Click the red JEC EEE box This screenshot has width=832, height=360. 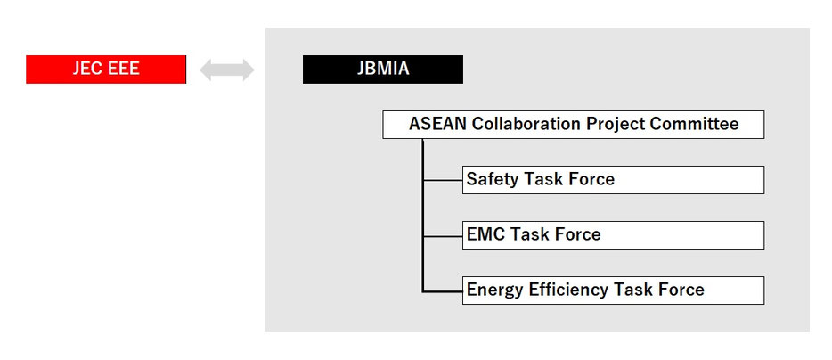(106, 70)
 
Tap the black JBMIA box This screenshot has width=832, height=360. (382, 70)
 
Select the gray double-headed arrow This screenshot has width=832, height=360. (226, 70)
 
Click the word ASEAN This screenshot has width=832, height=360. (437, 124)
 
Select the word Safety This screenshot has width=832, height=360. (493, 179)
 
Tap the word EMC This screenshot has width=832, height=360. (486, 234)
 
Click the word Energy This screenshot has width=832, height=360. (496, 290)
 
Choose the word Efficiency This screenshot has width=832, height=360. (569, 290)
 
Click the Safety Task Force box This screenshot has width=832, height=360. (614, 179)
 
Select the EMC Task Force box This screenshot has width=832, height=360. (614, 234)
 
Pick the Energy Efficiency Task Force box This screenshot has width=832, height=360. (614, 290)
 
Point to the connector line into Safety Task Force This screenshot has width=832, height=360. (443, 180)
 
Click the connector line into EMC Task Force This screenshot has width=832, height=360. (443, 235)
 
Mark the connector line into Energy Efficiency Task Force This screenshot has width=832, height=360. (443, 291)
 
